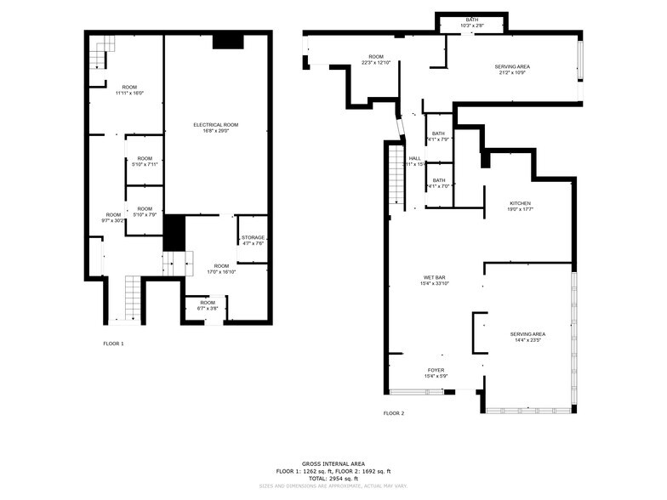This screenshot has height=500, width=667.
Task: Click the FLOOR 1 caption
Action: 113,344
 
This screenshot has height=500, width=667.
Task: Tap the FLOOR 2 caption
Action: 393,413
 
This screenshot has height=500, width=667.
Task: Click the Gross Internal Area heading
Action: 333,463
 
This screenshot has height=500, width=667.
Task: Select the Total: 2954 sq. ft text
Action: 333,479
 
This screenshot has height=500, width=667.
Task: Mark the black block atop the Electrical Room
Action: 227,40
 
